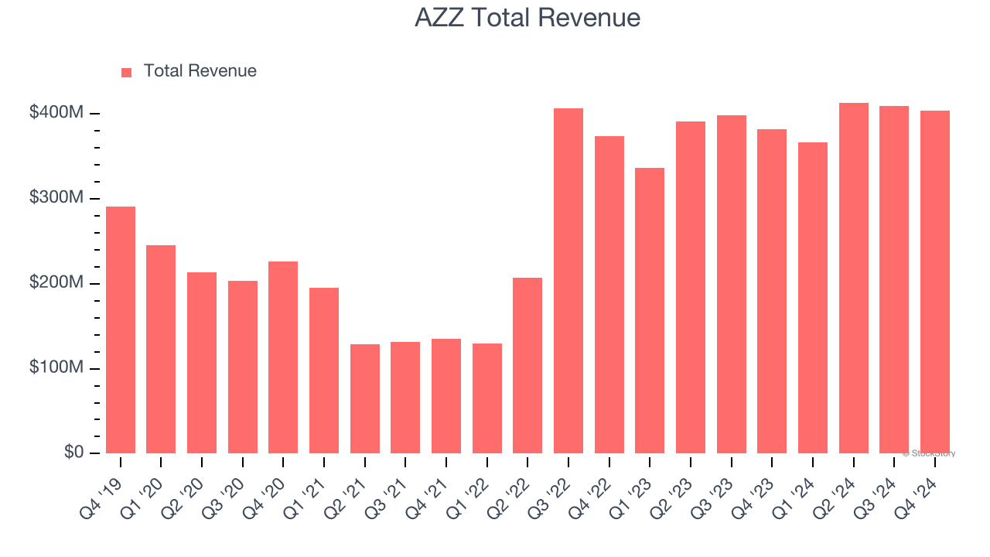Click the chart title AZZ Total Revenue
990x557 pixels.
527,18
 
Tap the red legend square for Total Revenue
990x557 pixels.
127,72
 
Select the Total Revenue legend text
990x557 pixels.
200,71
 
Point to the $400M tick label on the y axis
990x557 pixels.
56,113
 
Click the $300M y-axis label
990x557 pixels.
56,198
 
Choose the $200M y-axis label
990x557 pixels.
56,283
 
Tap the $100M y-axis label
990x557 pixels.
56,367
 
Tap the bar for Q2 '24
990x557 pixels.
854,278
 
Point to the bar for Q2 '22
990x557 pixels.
527,365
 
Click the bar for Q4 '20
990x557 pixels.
283,357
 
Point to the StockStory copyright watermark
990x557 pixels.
928,453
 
